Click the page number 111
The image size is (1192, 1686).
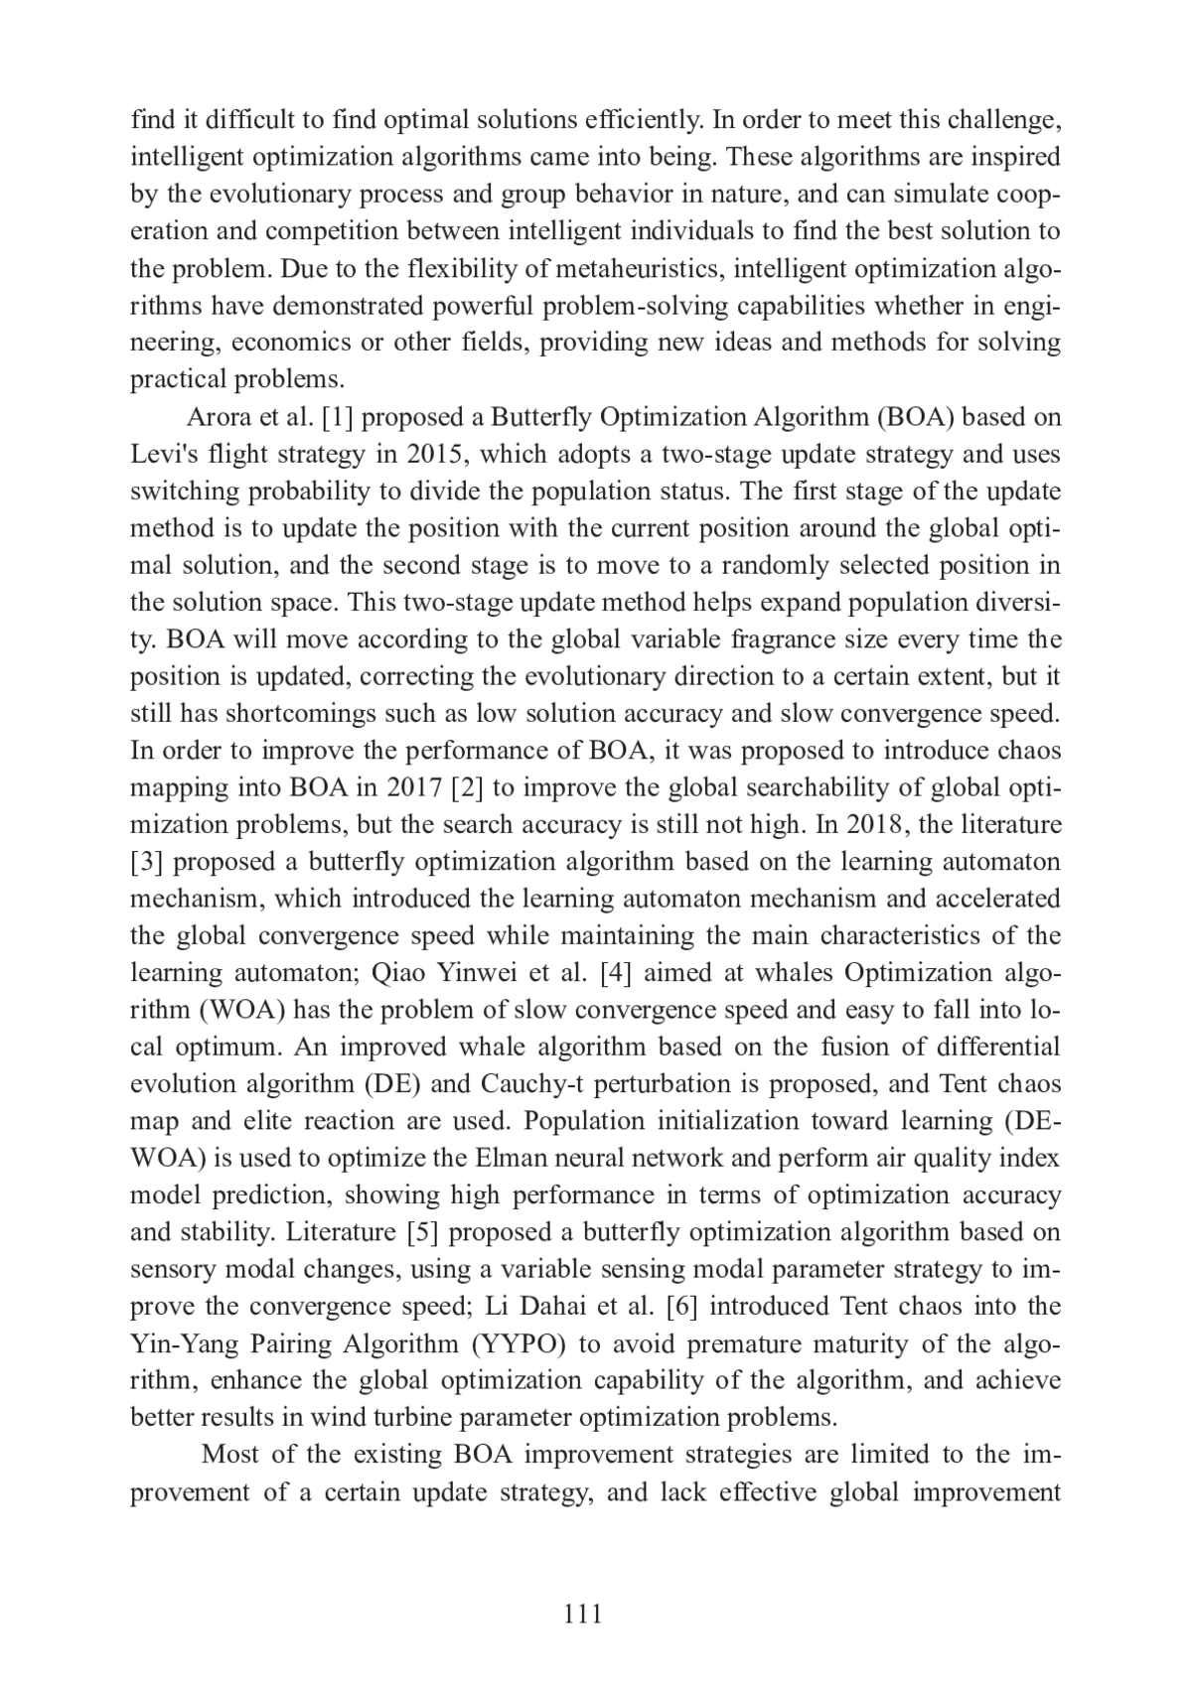pyautogui.click(x=582, y=1614)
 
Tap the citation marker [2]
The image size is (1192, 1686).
pyautogui.click(x=467, y=788)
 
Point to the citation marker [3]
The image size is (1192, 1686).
pyautogui.click(x=148, y=862)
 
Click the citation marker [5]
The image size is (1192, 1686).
pyautogui.click(x=425, y=1232)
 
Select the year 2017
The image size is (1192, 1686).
pyautogui.click(x=413, y=788)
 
